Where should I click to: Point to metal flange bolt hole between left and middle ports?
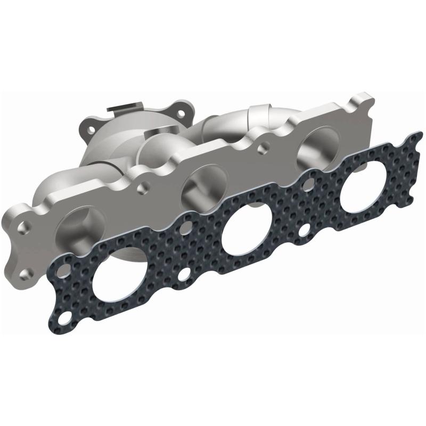point(141,187)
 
